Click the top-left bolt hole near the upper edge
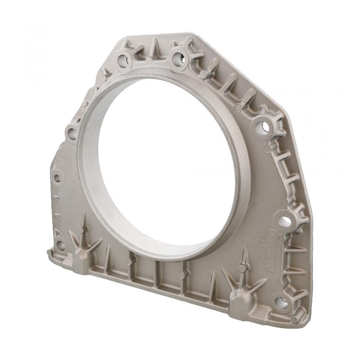coord(123,58)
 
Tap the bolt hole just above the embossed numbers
coord(283,220)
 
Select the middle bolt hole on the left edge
coord(57,177)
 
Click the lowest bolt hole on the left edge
coord(59,245)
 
